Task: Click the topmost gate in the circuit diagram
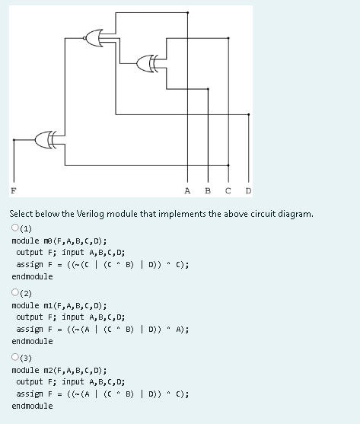tap(97, 38)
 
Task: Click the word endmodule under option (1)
tap(33, 276)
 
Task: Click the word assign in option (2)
tap(30, 329)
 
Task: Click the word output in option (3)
tap(30, 381)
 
